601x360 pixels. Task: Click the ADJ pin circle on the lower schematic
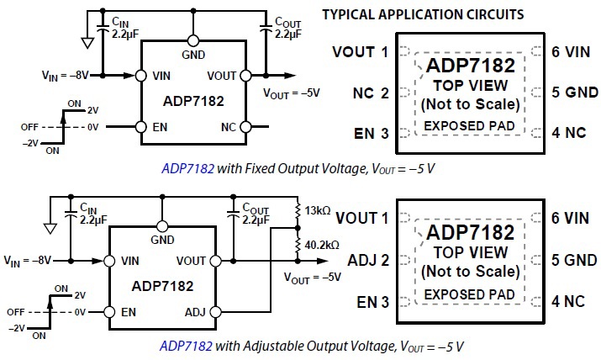tap(216, 312)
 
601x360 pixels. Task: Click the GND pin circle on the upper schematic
tap(194, 40)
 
